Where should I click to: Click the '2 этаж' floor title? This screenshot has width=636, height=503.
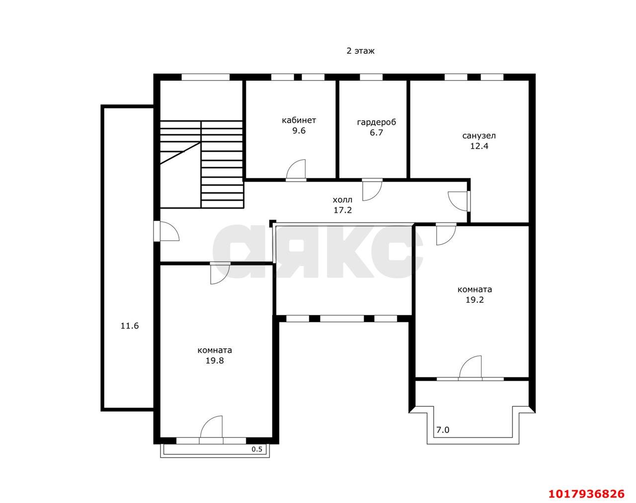(360, 51)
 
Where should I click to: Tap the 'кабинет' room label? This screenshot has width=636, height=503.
(299, 120)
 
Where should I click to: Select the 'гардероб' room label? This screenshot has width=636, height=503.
(377, 122)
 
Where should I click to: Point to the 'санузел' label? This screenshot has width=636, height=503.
(479, 136)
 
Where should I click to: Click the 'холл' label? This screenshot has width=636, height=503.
(342, 200)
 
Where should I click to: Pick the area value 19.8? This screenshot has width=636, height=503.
(215, 360)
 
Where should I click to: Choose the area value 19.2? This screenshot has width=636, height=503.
(475, 300)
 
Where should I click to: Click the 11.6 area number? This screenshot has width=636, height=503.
(130, 326)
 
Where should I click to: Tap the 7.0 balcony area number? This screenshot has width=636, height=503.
(443, 429)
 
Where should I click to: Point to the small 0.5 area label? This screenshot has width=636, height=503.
(257, 449)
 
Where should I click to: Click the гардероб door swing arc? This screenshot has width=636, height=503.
(376, 194)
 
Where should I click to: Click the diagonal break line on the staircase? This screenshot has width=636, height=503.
(180, 153)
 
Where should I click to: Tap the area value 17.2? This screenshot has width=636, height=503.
(342, 210)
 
